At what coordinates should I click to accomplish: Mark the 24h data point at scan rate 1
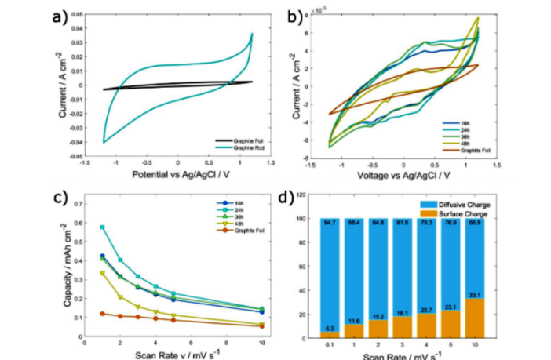point(103,227)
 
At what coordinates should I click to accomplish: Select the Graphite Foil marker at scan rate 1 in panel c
point(103,313)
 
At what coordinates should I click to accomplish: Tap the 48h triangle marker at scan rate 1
point(103,273)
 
